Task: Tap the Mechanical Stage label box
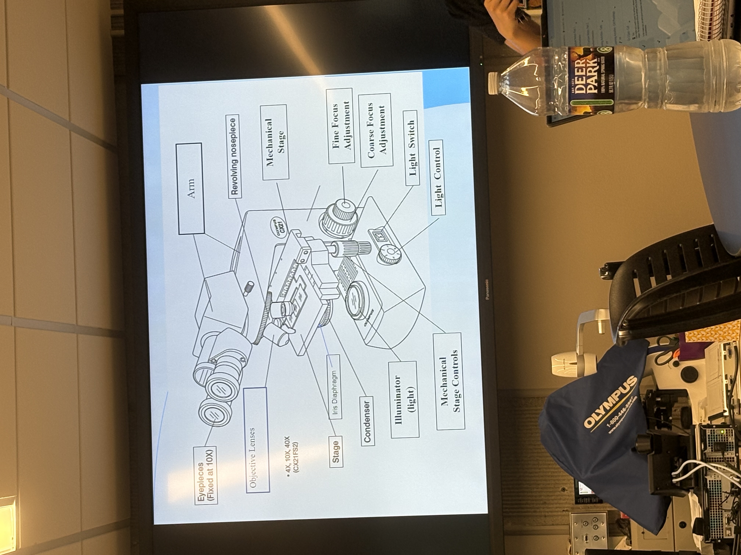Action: [x=275, y=142]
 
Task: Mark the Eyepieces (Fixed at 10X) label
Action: [x=205, y=475]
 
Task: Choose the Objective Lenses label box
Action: [x=257, y=440]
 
